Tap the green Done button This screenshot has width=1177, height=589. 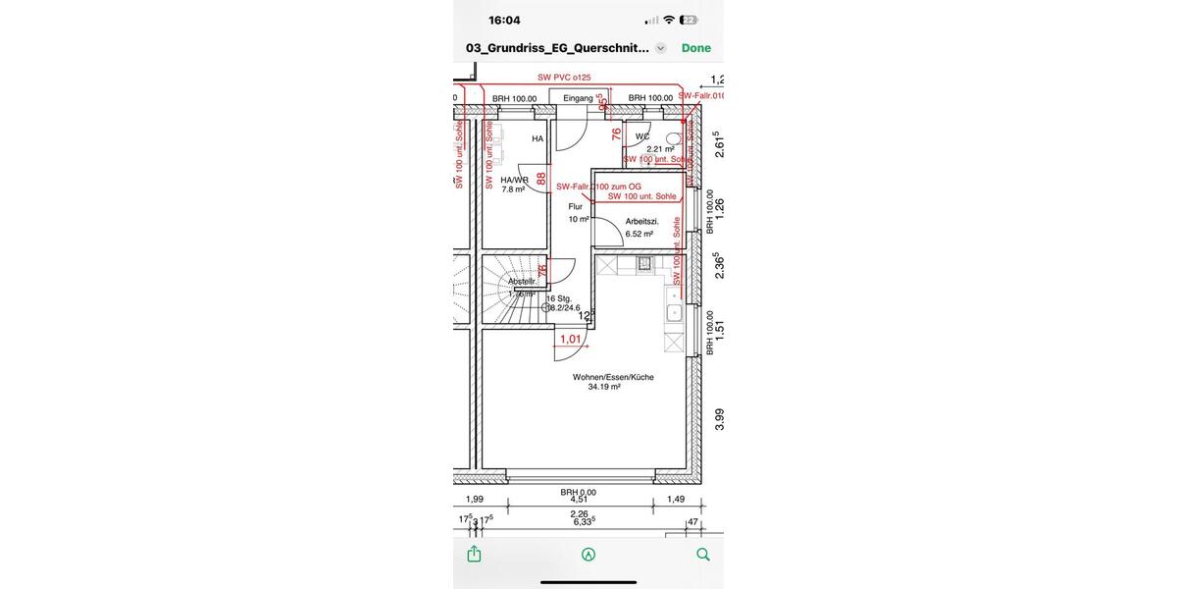point(695,48)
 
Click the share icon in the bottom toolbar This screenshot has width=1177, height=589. point(474,554)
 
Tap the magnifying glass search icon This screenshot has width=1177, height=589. point(702,554)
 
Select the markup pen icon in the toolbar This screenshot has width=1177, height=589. point(588,554)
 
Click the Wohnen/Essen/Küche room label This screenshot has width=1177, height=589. point(613,377)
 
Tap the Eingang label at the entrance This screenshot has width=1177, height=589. point(578,98)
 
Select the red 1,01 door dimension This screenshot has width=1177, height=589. point(570,340)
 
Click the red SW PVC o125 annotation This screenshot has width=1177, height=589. point(564,77)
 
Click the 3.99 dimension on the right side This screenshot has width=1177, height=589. point(719,419)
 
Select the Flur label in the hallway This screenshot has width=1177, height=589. point(576,207)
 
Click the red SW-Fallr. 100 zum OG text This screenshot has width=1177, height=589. point(598,187)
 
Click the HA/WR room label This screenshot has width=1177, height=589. point(514,181)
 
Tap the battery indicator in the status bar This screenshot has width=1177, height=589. point(689,20)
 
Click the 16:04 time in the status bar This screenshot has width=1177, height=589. point(504,20)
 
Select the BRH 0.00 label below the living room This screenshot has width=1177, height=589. point(578,492)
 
